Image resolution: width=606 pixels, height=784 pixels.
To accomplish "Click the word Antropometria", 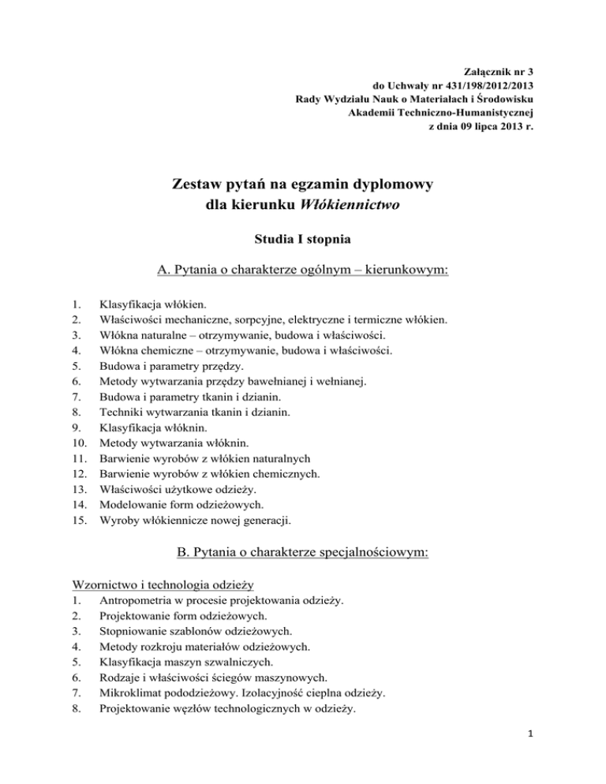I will pos(131,601).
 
